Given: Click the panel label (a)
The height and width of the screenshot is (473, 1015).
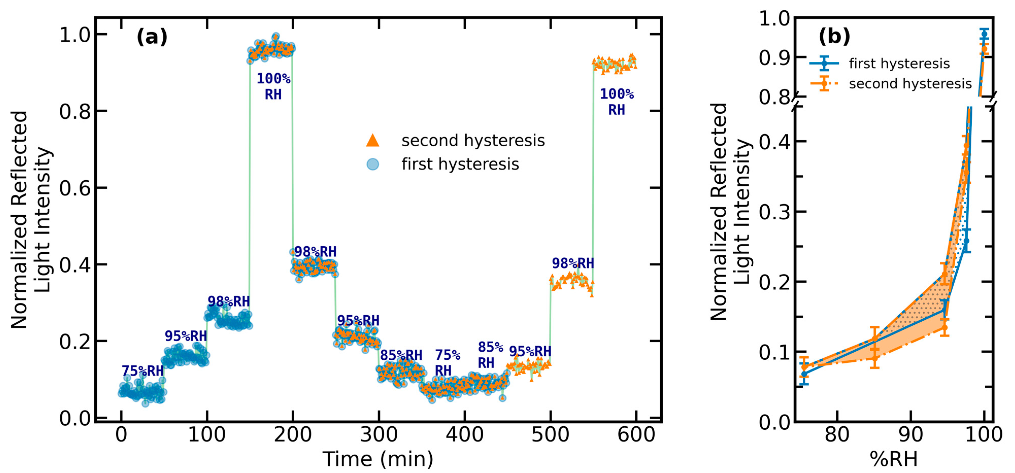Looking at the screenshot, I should coord(152,38).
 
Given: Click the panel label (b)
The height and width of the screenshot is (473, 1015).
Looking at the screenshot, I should coord(834,36).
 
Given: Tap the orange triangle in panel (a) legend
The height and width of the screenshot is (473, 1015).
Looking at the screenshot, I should coord(372,141).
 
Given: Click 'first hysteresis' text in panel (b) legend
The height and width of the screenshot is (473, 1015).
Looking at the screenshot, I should coord(899,63).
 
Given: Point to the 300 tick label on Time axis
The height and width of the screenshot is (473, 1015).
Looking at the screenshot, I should coord(378,435).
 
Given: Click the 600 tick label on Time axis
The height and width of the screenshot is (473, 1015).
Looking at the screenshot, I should coord(636,435).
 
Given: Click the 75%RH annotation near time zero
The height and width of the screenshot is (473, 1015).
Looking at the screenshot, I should coord(143,371).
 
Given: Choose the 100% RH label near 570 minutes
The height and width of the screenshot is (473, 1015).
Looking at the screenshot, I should coord(617,102).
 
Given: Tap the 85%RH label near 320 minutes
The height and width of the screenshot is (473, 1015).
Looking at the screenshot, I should coord(401,356).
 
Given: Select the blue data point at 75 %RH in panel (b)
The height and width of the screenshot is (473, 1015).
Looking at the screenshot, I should coord(804,374).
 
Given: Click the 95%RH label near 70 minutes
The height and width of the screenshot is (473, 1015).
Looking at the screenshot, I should coord(185,336).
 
